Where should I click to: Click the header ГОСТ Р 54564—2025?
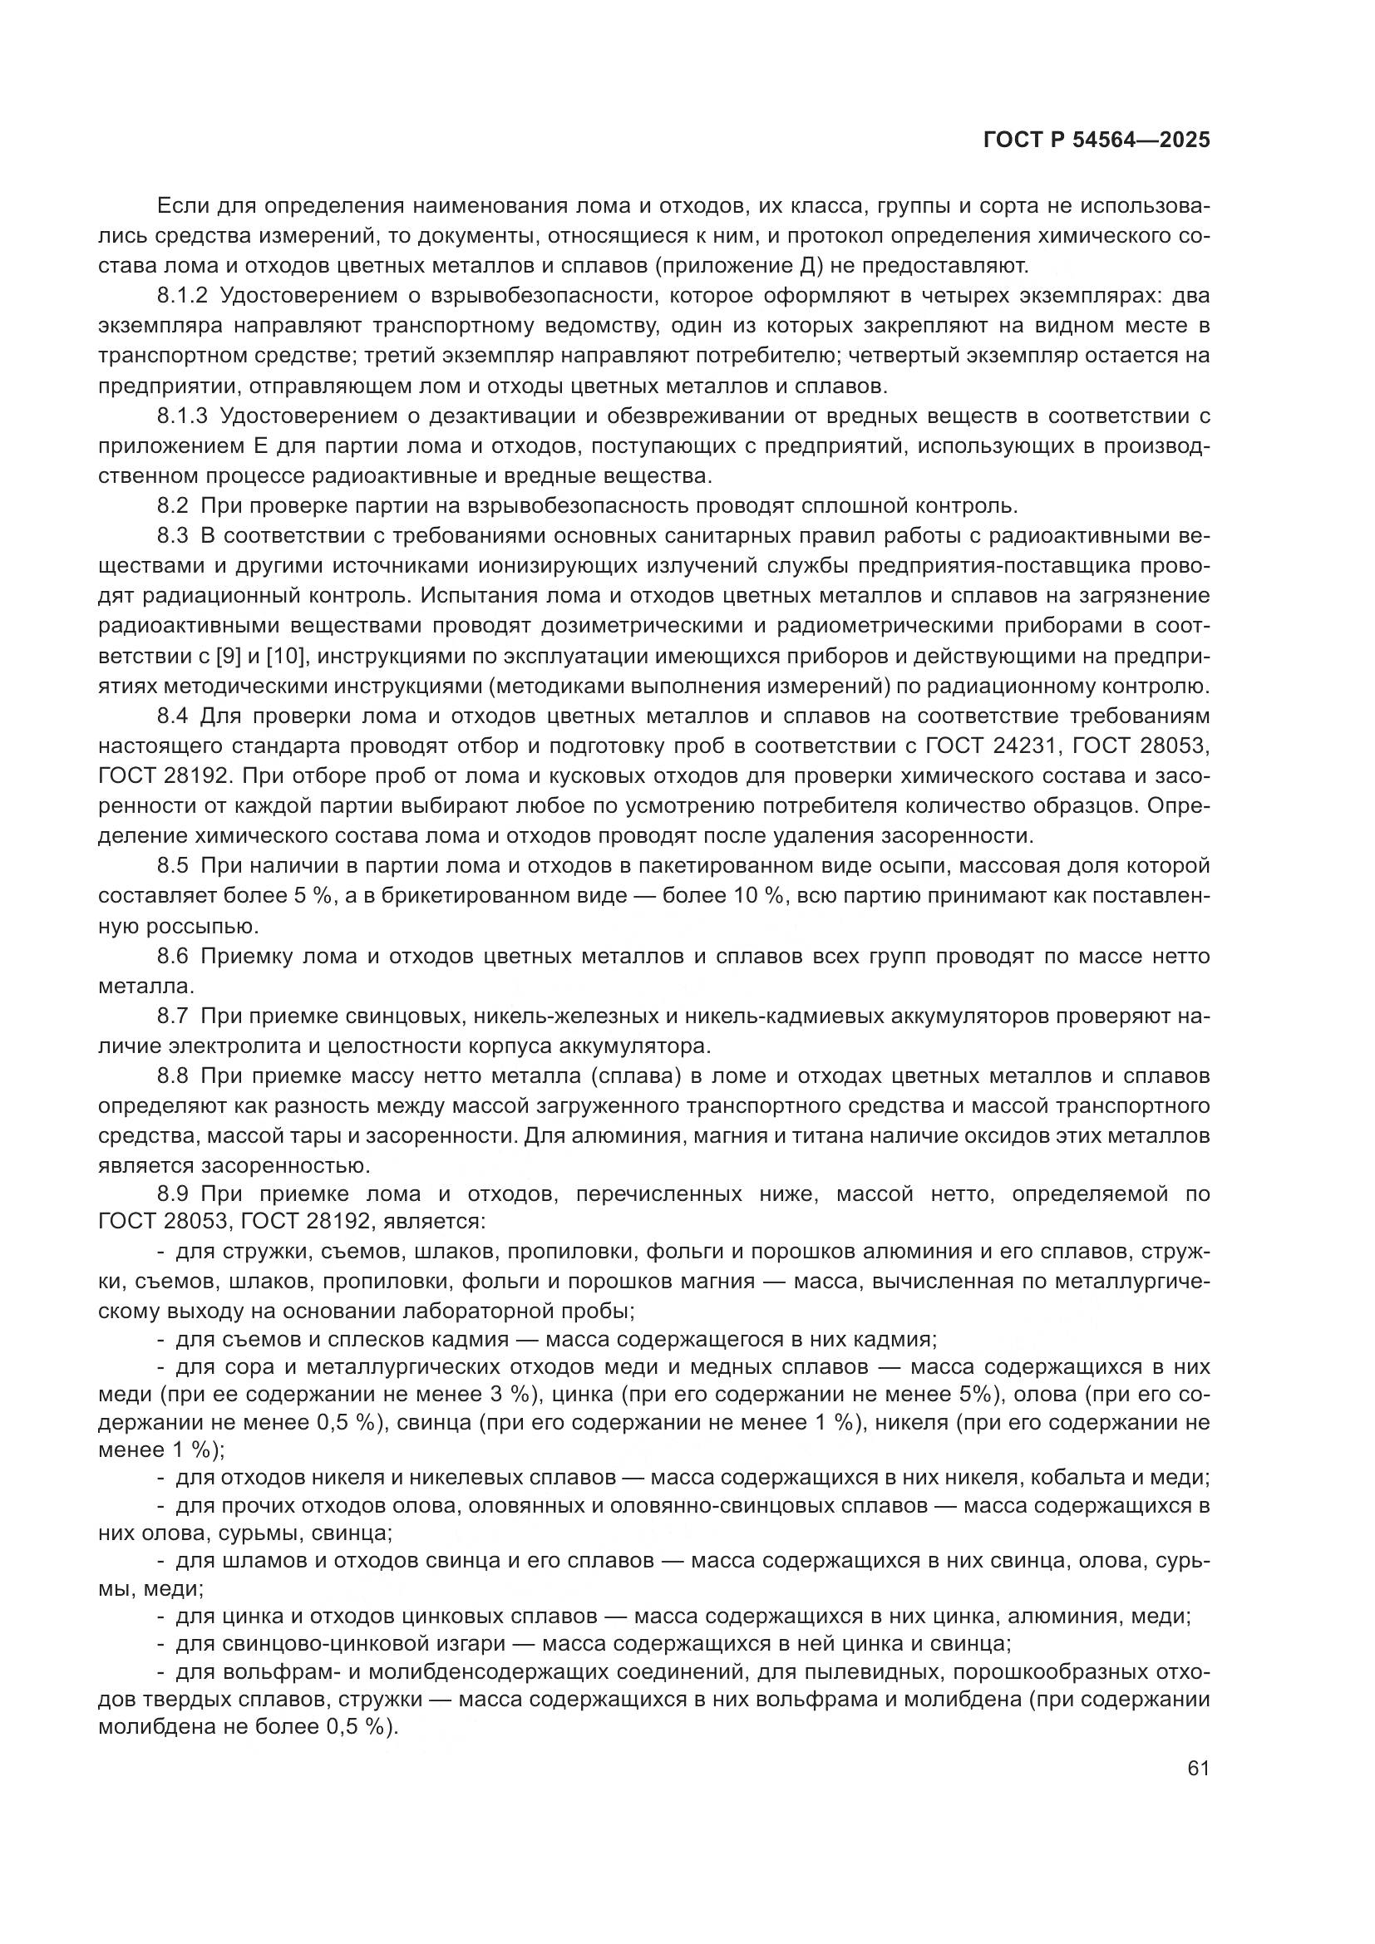[1097, 140]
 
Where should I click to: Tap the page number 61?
[1198, 1769]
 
